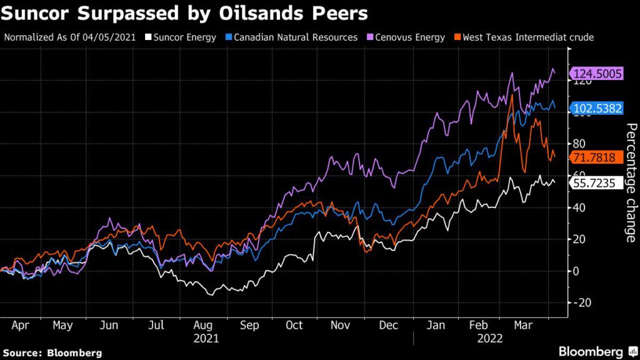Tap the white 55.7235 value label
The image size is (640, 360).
597,183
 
